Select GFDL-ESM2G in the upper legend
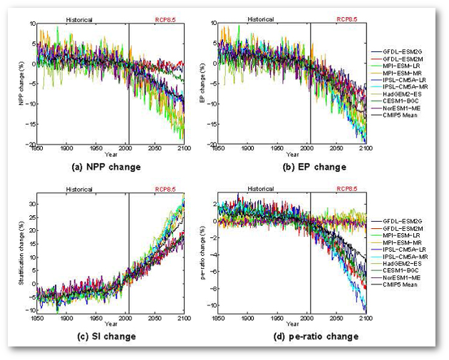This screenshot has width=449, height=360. click(x=396, y=52)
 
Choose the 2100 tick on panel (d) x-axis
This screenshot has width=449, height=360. click(x=367, y=319)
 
